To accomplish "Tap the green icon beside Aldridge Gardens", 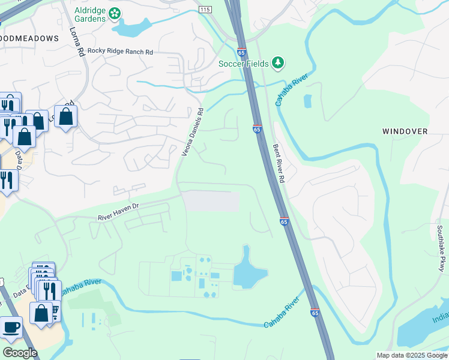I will click(115, 13).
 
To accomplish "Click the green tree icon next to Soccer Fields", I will click(277, 62).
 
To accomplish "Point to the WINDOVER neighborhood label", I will click(405, 131).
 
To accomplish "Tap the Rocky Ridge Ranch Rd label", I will click(120, 52).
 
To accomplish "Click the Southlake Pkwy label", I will click(441, 248).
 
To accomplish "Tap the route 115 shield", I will click(205, 10).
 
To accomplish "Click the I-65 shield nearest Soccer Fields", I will click(241, 52).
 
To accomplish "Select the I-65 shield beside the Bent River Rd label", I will click(257, 128).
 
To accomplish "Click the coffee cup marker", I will click(11, 328).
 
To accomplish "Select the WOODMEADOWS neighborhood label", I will click(29, 38).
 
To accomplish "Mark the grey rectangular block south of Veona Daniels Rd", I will click(210, 201).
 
